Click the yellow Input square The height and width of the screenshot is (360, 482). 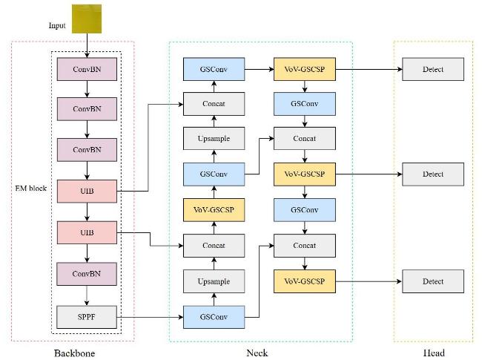coord(87,19)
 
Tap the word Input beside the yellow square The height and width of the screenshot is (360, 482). coord(57,25)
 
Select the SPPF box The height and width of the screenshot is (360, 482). coord(87,317)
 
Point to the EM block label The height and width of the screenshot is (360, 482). coord(30,189)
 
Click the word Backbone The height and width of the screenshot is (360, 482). coord(74,353)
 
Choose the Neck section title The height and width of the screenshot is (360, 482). coord(257,353)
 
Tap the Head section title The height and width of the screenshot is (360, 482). coord(434,353)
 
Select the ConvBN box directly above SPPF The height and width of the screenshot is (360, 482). coord(87,274)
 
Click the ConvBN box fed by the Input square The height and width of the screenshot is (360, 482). coord(87,69)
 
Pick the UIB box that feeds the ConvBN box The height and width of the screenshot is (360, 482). coord(87,232)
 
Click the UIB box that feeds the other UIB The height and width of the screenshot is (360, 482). coord(87,191)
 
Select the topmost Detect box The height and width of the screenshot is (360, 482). coord(433,69)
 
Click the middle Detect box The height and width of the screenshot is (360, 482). coord(433,174)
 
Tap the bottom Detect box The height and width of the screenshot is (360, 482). coord(433,281)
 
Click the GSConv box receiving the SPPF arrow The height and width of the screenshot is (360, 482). coord(214,317)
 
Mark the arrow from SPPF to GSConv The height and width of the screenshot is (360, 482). coord(150,317)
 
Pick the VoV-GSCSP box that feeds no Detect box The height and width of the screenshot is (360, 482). coord(214,210)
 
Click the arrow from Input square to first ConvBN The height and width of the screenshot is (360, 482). coord(87,45)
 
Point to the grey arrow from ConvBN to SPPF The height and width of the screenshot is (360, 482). coord(87,295)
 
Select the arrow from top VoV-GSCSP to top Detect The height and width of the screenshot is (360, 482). coord(369,69)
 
